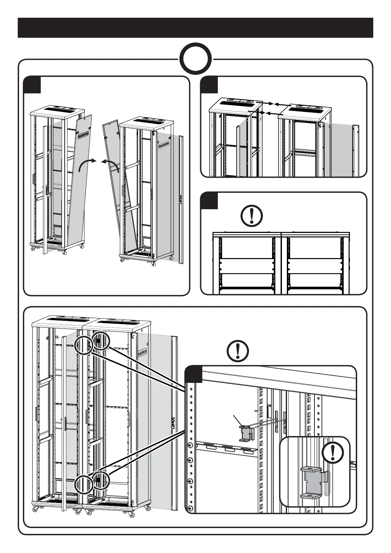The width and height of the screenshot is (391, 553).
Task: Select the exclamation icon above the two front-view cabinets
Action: pos(252,216)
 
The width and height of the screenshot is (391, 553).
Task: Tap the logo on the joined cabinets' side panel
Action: pos(142,352)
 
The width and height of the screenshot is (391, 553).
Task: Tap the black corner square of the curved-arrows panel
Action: pos(32,85)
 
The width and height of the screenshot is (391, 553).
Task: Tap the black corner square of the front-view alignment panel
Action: pos(209,200)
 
